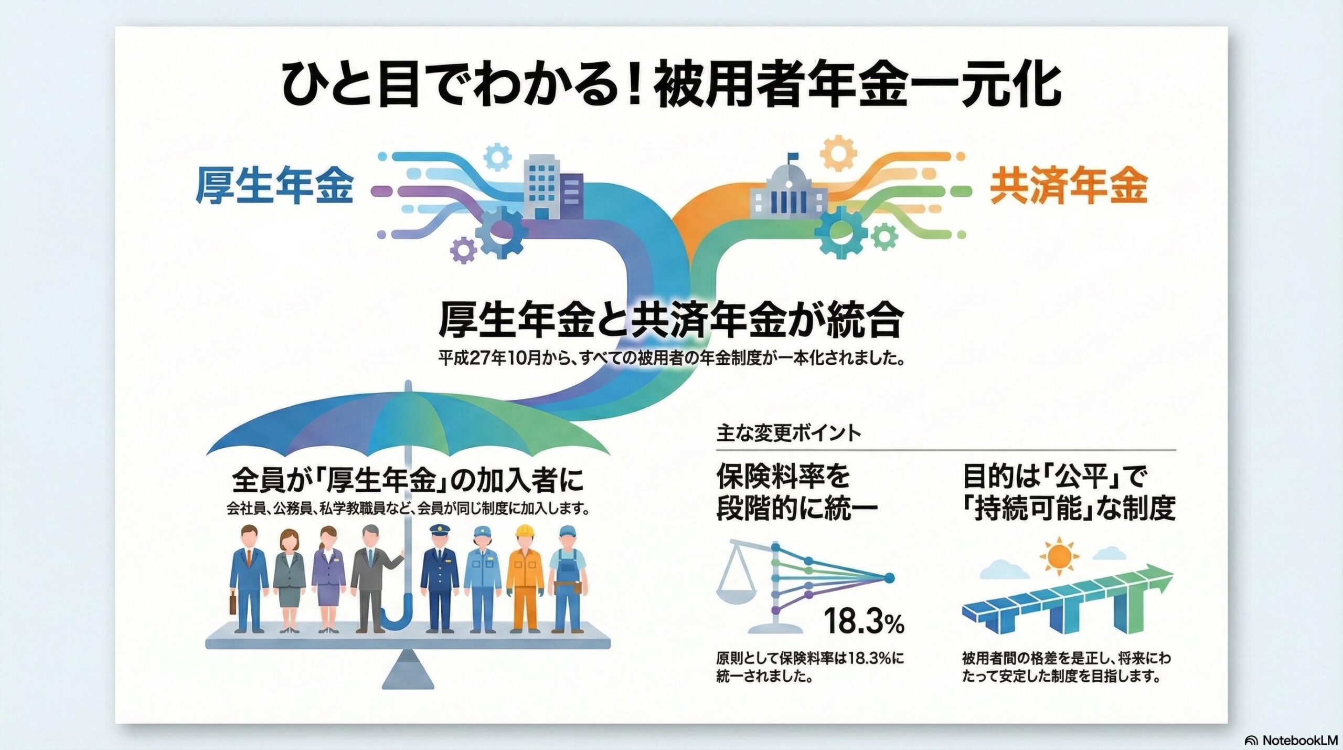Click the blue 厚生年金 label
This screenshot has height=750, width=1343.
(x=274, y=186)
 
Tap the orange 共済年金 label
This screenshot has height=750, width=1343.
(x=1068, y=186)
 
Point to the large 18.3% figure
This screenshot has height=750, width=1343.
(x=864, y=621)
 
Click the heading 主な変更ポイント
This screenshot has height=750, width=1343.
(x=788, y=434)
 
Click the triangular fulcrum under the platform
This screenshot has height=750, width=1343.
(x=408, y=670)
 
